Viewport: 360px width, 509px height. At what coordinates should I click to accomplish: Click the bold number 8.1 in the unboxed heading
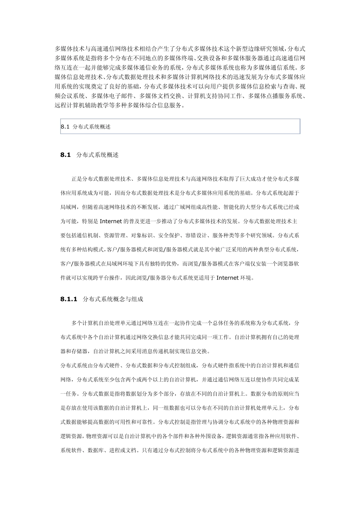[x=66, y=155]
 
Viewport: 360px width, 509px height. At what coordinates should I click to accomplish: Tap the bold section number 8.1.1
[x=69, y=299]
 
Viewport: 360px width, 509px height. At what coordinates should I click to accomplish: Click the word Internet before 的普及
[x=111, y=221]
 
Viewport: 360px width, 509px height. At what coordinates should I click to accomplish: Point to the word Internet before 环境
[x=227, y=278]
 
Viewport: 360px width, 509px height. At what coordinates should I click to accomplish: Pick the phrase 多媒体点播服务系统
[x=275, y=96]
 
